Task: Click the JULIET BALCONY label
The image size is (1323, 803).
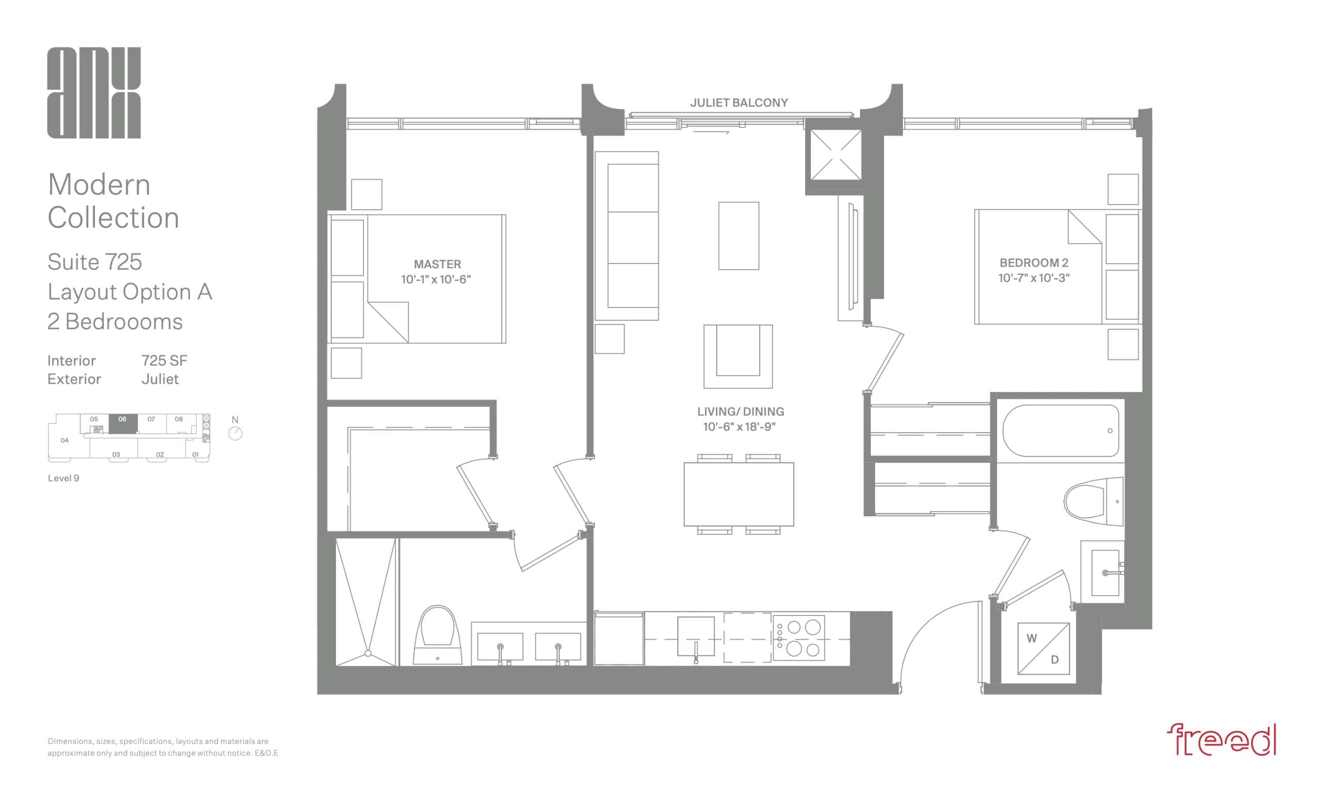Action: (739, 102)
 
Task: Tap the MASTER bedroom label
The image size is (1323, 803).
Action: (437, 264)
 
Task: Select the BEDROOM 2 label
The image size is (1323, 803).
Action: (1034, 263)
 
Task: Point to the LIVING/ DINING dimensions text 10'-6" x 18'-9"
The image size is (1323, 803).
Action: (740, 427)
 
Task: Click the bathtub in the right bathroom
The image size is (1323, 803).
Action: (1060, 430)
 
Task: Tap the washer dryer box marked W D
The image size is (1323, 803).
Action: (1043, 648)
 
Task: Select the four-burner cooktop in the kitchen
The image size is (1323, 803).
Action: (799, 638)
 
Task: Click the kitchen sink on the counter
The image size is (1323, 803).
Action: (696, 636)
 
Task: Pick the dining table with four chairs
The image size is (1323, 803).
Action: (739, 495)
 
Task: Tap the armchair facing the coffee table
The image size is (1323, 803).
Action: (739, 356)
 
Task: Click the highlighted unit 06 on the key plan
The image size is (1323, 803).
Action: (123, 423)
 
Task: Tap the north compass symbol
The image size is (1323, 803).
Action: (235, 433)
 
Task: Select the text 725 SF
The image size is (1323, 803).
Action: (164, 361)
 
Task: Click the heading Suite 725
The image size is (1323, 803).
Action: (95, 262)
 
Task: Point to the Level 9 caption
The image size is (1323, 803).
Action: (64, 478)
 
